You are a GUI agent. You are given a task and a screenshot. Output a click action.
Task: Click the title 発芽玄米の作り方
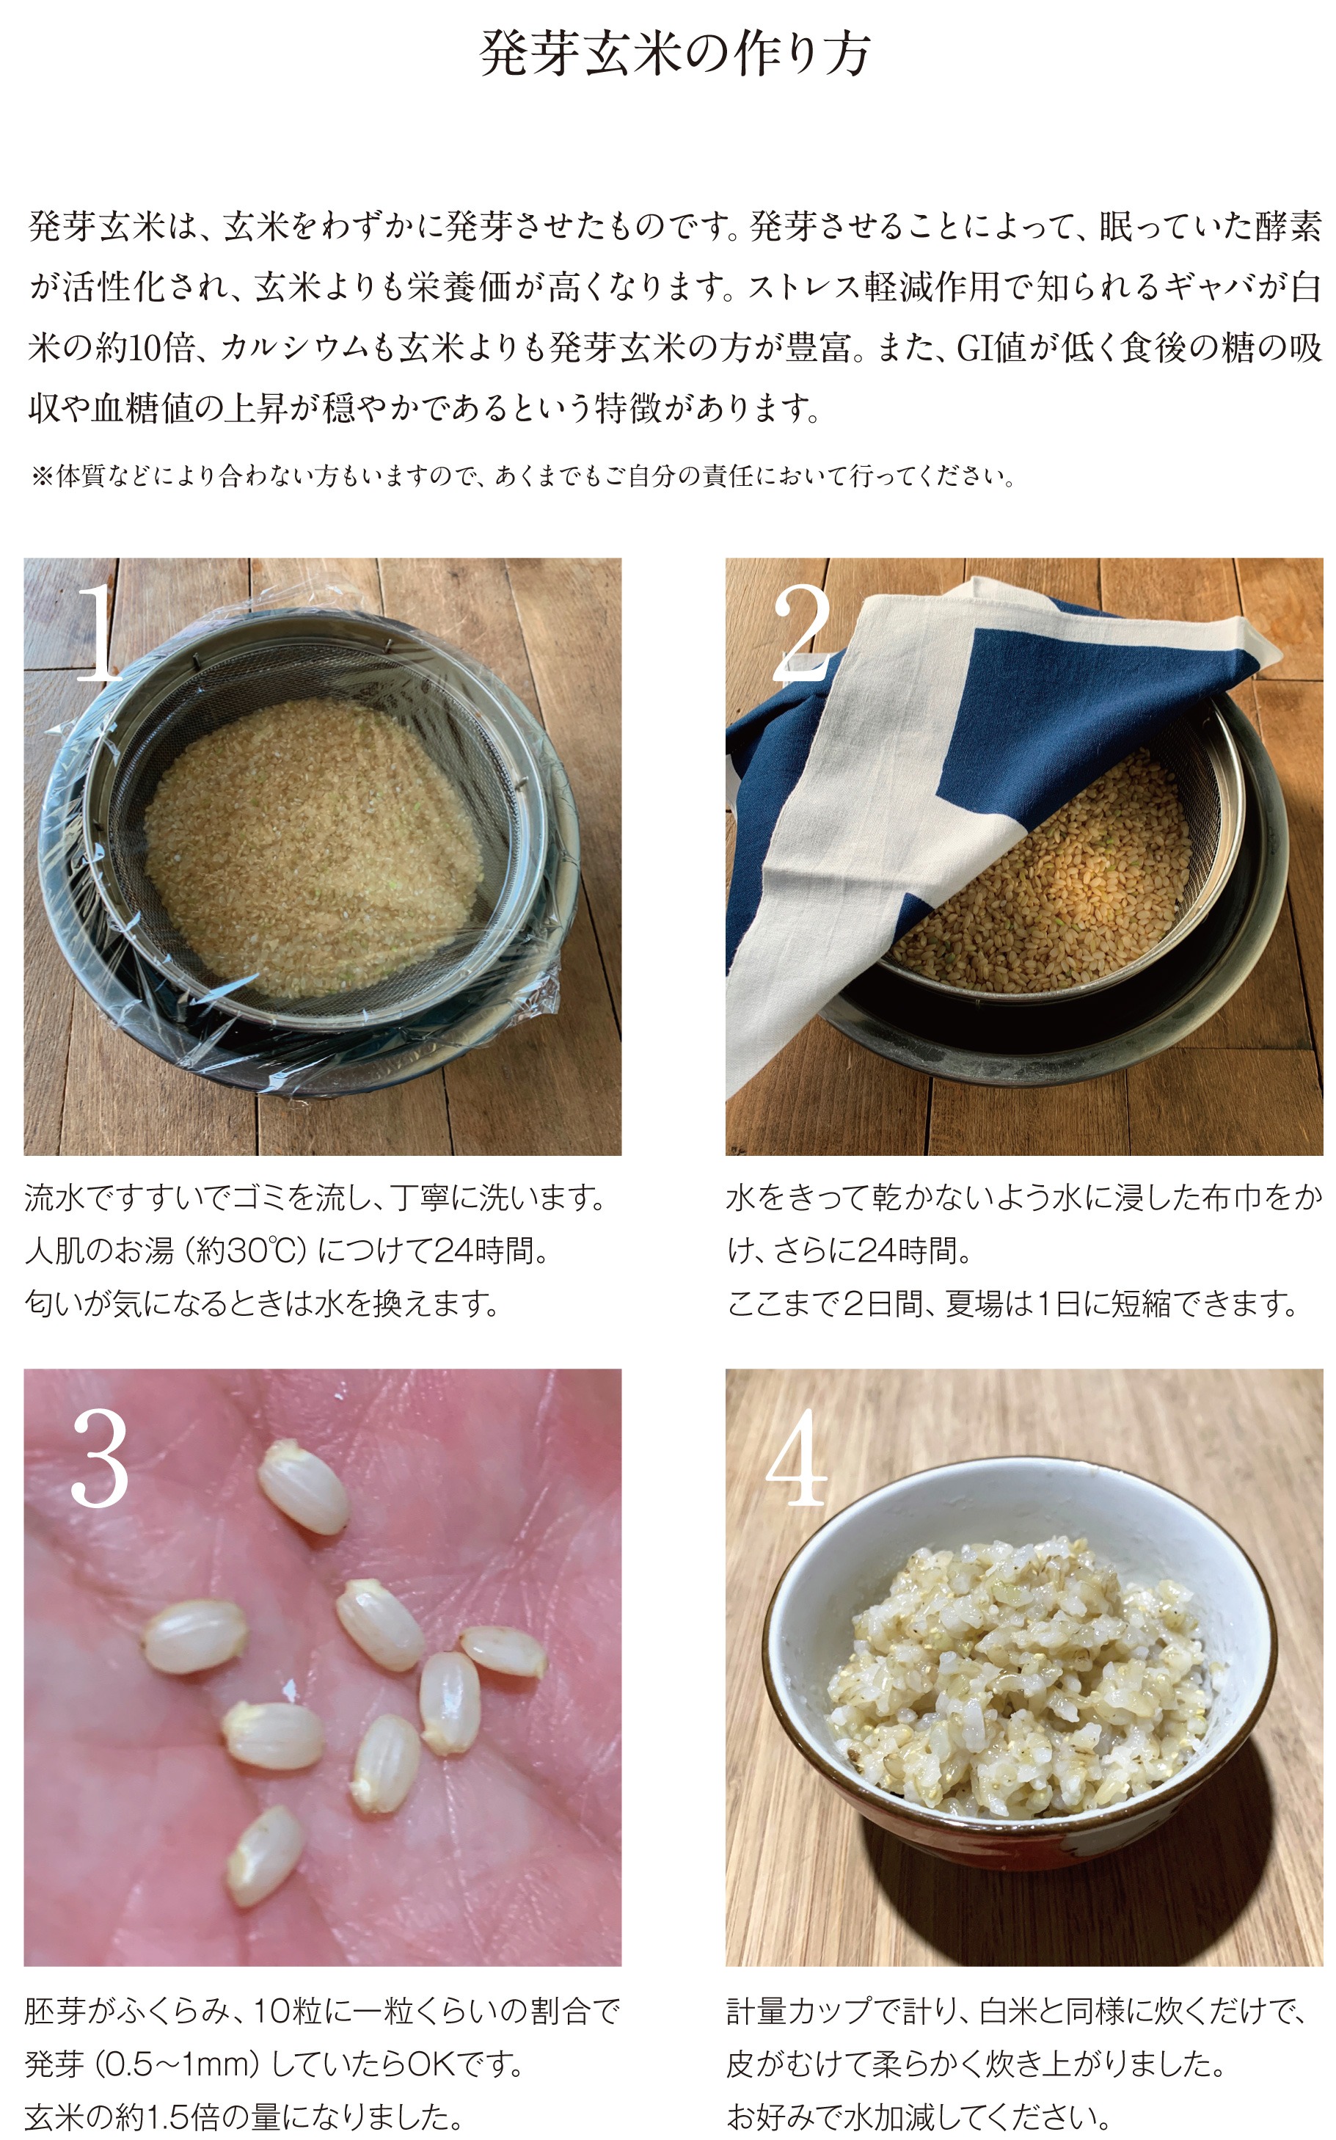675,53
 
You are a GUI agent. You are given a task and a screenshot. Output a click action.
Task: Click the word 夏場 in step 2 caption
973,1303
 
